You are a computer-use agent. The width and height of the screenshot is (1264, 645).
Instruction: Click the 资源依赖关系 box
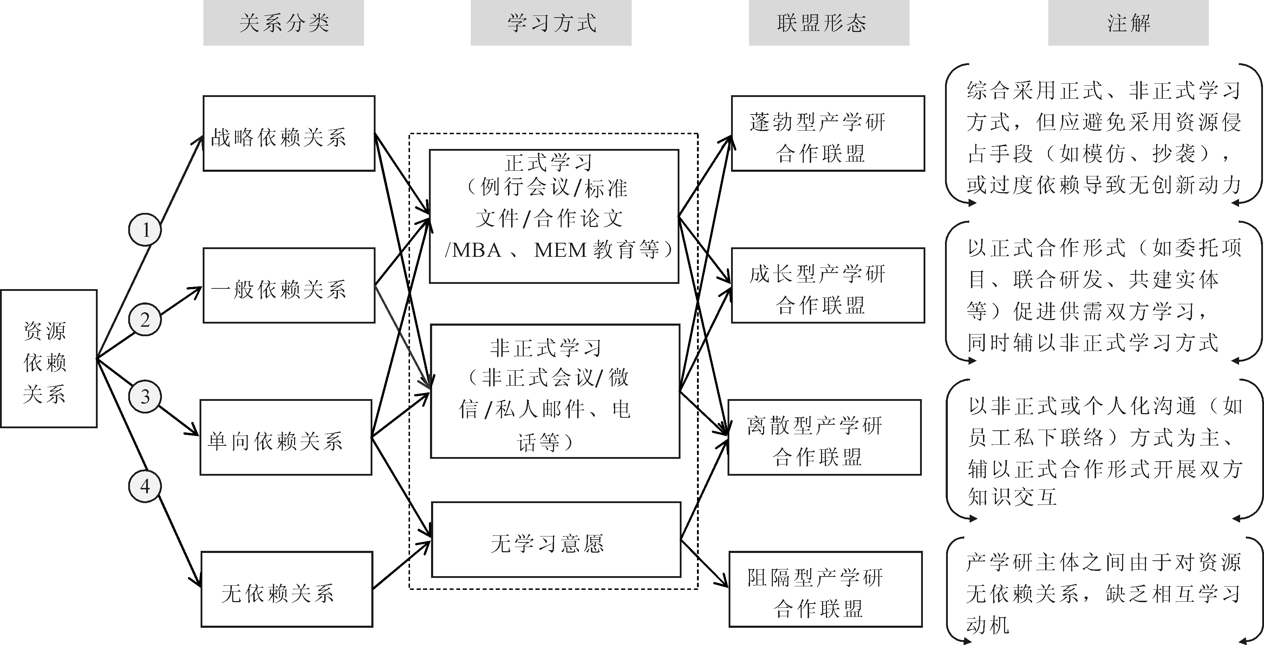48,358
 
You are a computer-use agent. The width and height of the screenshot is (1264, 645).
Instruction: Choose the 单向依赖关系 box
286,437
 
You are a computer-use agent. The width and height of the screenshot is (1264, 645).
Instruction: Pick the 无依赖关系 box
287,589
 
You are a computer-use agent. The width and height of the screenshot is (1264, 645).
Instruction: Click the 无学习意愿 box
556,540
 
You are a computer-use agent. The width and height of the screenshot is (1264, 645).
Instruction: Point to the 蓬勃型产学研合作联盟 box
828,133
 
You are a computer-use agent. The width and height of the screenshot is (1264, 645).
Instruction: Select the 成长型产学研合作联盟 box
828,285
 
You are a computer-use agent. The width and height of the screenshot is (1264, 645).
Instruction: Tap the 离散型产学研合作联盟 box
825,437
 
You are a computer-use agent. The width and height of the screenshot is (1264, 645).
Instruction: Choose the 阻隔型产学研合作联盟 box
825,589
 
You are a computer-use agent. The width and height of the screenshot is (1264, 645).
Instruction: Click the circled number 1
145,229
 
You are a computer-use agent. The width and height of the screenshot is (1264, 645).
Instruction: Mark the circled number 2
145,320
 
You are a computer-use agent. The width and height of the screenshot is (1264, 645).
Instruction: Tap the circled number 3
145,396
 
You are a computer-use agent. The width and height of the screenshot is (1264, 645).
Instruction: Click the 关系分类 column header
284,23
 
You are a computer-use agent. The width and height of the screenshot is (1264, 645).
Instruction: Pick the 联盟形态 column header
829,23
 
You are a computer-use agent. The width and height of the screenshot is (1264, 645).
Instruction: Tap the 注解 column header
1128,23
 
